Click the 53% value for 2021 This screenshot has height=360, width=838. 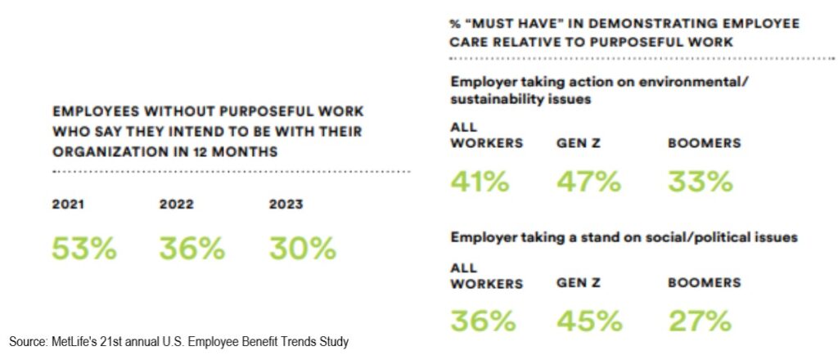click(83, 249)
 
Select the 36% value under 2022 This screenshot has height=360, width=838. click(191, 249)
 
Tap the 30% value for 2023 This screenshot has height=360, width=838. click(302, 249)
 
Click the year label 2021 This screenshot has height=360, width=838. click(68, 205)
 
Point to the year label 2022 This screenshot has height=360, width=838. click(176, 205)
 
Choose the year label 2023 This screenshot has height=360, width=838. click(286, 205)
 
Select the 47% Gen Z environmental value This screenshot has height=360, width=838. click(588, 181)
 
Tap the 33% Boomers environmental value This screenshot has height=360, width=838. click(700, 181)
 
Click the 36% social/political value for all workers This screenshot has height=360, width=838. click(483, 321)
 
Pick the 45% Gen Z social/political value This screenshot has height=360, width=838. click(588, 321)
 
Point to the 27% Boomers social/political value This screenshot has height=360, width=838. click(700, 321)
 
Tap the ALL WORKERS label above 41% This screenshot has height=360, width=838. click(486, 136)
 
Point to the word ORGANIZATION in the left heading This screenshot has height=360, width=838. click(102, 151)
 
